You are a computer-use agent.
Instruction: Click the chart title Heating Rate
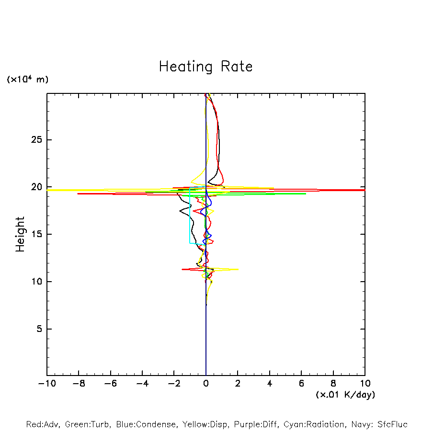point(205,67)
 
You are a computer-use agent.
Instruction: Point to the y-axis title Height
point(20,234)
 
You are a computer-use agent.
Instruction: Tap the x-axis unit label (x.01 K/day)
point(345,395)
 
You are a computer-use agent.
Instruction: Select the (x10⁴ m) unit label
point(27,80)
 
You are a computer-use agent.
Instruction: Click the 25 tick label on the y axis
point(36,140)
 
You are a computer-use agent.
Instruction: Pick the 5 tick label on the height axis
point(39,329)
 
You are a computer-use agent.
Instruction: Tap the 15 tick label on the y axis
point(36,234)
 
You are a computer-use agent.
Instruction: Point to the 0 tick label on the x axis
point(206,384)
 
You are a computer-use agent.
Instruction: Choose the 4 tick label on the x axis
point(270,384)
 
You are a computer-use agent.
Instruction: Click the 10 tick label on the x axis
point(365,384)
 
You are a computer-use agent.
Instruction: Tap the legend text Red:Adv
point(43,424)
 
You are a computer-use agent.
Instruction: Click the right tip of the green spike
point(306,194)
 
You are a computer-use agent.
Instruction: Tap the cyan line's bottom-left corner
point(190,243)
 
